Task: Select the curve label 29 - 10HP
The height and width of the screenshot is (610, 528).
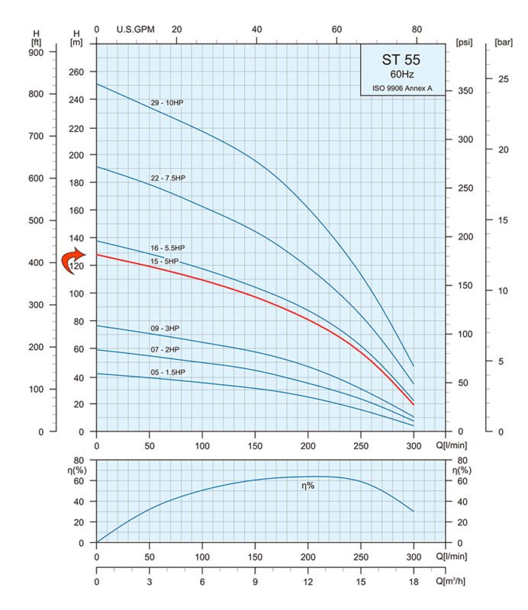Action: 167,103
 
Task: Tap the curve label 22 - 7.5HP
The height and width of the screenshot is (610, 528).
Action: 168,178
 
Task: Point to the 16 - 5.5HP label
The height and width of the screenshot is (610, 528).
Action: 168,248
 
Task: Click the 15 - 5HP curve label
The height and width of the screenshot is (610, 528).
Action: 165,261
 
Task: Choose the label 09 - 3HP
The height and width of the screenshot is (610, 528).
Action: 165,329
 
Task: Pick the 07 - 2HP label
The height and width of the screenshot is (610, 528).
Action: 165,350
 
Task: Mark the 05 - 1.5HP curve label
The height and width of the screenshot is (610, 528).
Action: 168,372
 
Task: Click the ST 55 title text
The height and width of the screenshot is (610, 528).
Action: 401,60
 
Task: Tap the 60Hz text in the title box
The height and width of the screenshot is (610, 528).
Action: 402,74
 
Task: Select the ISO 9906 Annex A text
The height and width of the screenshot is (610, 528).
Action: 402,88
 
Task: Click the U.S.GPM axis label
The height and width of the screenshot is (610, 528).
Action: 136,30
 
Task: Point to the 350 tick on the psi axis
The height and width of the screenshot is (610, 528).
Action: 465,91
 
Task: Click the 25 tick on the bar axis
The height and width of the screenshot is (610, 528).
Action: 504,79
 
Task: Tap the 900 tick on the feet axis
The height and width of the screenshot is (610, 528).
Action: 36,53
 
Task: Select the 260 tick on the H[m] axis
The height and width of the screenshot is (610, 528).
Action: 76,72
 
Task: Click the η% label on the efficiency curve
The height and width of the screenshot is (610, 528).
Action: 307,486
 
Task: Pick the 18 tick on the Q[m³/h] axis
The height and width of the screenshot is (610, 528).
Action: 414,582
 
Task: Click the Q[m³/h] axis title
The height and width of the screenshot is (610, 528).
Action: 450,581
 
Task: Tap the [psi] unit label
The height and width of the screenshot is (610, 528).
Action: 465,43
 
